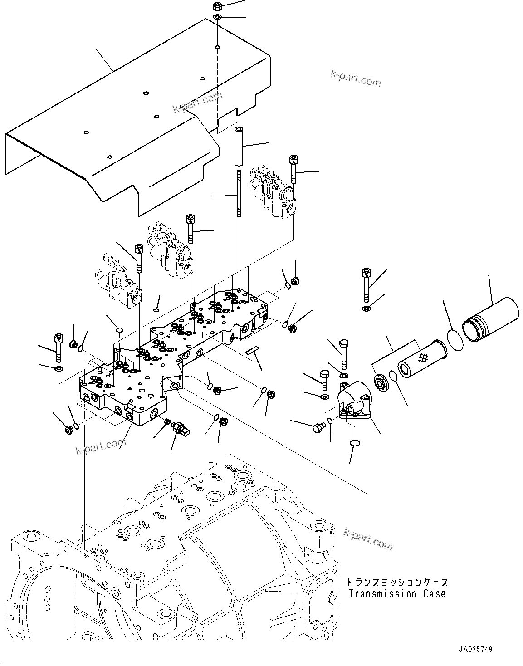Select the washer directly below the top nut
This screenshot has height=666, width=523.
tap(217, 18)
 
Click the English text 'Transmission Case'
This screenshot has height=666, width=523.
tap(397, 593)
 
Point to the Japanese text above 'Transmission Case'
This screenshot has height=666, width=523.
tap(397, 582)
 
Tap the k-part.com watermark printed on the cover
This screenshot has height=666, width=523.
tap(197, 103)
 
